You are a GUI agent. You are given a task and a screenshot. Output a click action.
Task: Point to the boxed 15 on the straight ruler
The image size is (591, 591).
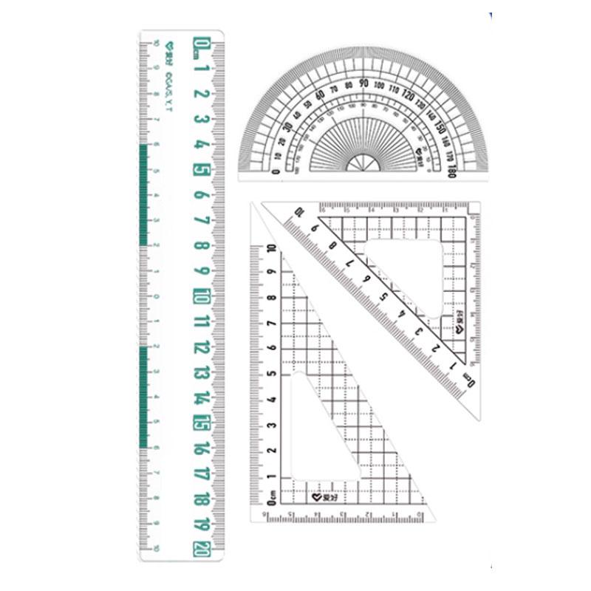[x=200, y=423]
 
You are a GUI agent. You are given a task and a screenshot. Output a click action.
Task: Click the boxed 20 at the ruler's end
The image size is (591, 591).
[x=200, y=547]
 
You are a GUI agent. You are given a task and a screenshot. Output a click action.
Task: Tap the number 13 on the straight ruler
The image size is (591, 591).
[x=200, y=372]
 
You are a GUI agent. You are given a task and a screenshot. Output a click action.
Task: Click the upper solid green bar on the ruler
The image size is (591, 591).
[x=143, y=195]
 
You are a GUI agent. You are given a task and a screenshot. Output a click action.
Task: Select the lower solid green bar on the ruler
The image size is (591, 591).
[x=143, y=396]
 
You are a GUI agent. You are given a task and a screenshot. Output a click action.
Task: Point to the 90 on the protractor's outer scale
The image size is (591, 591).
[x=363, y=83]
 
